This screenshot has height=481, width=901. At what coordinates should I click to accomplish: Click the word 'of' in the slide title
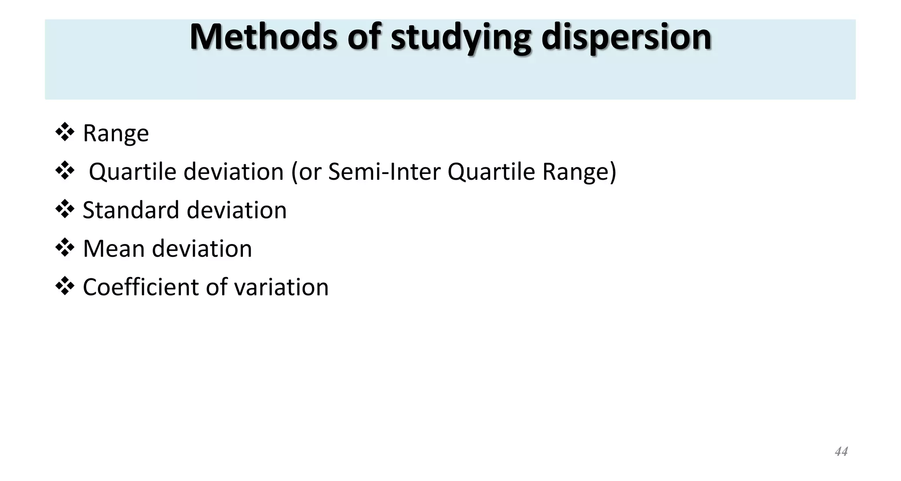point(364,37)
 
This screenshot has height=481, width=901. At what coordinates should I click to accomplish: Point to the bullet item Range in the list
point(116,133)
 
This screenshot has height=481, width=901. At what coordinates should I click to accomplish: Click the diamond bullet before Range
point(65,132)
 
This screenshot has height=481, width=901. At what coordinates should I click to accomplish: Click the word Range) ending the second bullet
point(579,172)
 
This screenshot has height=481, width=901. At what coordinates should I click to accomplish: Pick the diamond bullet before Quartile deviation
point(65,170)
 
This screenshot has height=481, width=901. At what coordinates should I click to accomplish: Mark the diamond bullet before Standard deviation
point(65,209)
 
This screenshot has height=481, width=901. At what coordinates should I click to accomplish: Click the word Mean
point(114,249)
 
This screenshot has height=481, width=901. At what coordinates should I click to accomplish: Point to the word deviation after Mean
point(202,249)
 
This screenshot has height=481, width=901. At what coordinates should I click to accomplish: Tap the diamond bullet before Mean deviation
point(65,248)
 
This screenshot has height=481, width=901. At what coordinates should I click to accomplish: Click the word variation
point(281,287)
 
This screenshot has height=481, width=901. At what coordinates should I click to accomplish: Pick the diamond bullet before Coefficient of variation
point(65,286)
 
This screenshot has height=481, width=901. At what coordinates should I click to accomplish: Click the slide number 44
point(841,451)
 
